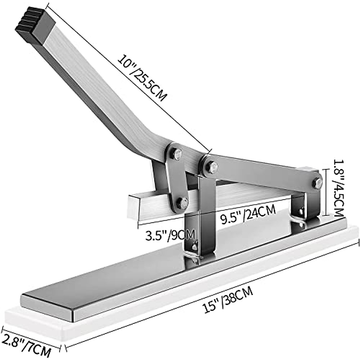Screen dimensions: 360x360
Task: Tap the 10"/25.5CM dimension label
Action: (x=142, y=77)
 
